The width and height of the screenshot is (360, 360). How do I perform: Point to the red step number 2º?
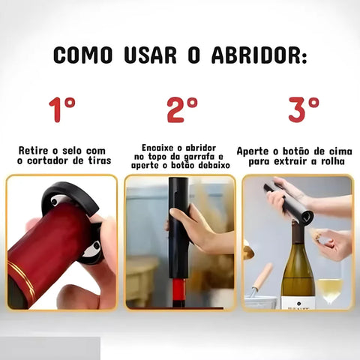point(181,109)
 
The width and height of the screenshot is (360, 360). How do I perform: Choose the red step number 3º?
point(301,109)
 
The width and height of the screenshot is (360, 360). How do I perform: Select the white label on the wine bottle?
point(298,302)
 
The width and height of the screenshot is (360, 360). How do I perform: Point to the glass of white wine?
point(329,288)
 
